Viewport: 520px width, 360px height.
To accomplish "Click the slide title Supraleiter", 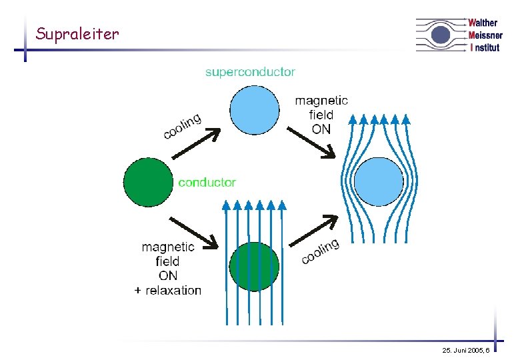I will click(77, 33).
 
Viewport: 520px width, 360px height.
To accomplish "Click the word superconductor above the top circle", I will click(250, 71).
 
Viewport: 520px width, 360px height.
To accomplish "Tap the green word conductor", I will click(207, 182).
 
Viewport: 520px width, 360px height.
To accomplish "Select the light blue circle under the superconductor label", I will click(255, 111).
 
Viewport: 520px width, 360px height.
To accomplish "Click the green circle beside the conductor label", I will click(148, 182).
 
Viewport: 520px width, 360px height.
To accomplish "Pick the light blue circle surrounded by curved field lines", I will click(378, 182).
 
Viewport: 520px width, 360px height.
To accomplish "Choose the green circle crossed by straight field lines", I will click(253, 266).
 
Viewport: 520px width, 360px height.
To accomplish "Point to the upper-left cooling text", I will click(182, 127).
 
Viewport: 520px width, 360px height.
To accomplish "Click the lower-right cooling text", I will click(320, 251).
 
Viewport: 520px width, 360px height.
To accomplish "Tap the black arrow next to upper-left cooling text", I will click(195, 145).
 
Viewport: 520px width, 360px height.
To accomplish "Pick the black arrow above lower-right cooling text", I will click(315, 231).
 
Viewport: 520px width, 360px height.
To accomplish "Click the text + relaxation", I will click(167, 290).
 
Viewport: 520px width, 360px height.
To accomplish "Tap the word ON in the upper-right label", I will click(321, 129).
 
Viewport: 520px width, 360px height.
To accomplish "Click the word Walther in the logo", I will click(483, 23).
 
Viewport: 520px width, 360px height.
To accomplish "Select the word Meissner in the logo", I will click(485, 35).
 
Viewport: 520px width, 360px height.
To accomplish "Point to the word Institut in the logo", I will click(485, 47).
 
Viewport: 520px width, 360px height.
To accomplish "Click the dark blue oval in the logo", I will click(440, 35).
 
